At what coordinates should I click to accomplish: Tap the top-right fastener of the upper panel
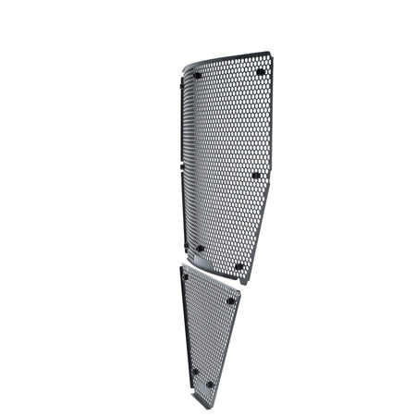(260, 71)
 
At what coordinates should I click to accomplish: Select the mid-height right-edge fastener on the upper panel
(256, 175)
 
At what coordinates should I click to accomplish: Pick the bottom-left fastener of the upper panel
(199, 248)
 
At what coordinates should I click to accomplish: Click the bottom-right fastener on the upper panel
(239, 266)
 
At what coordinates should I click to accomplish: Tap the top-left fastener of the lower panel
(186, 275)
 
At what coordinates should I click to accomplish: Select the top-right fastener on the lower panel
(231, 300)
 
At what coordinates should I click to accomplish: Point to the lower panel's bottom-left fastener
(194, 372)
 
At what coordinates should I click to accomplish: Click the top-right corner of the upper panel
(271, 53)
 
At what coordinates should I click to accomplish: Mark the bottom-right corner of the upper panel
(242, 280)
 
